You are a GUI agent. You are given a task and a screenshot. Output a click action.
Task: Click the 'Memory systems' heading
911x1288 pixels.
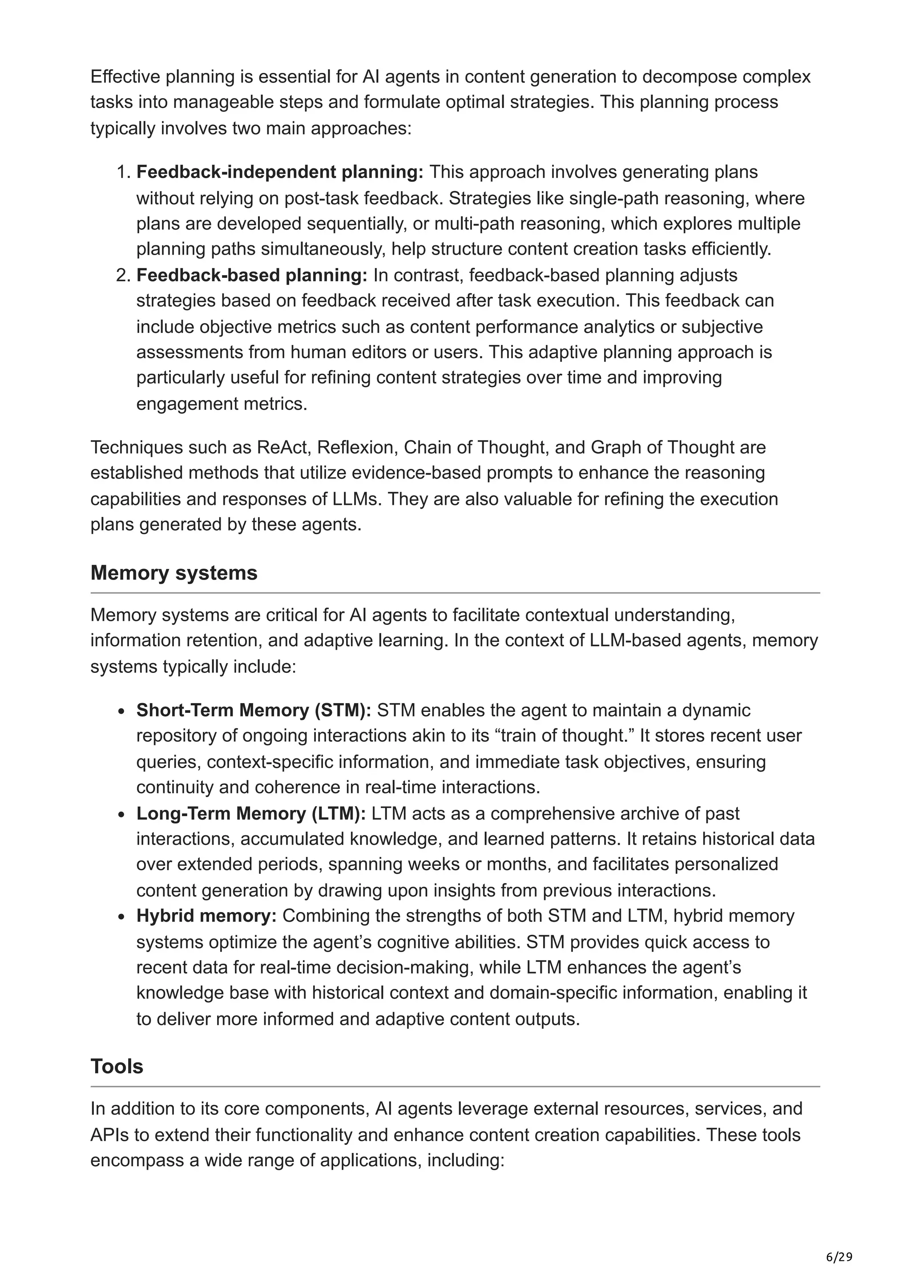[x=173, y=573]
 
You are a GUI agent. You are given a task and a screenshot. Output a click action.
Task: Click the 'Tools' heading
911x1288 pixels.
[x=117, y=1066]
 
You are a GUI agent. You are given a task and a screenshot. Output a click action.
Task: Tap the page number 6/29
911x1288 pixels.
[x=839, y=1257]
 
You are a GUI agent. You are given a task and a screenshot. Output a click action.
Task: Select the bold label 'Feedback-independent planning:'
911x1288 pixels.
[x=279, y=172]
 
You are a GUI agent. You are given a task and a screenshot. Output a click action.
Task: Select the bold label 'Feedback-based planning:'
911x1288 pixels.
[x=251, y=275]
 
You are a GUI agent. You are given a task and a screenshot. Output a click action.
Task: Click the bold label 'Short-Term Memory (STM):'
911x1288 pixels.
[x=253, y=710]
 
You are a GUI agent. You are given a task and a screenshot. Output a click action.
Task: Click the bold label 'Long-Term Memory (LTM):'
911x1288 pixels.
[x=250, y=813]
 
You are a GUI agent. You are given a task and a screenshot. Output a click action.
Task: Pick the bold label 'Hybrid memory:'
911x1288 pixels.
[x=206, y=916]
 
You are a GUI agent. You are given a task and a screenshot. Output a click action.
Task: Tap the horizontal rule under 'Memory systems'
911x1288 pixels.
[x=455, y=592]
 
